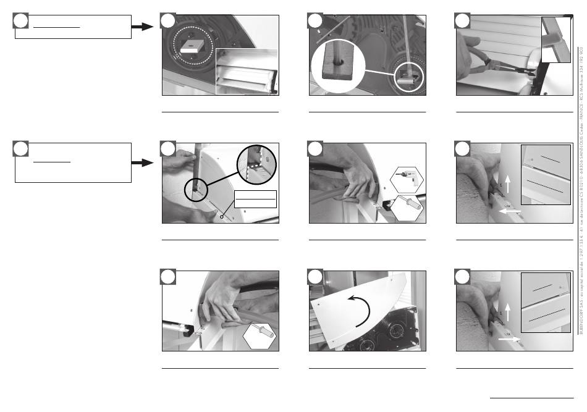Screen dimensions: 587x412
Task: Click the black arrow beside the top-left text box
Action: (143, 27)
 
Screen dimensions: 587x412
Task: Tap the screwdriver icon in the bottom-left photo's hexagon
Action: (258, 335)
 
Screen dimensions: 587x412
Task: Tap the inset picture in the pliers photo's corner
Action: (555, 40)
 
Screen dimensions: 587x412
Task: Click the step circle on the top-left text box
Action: (20, 22)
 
